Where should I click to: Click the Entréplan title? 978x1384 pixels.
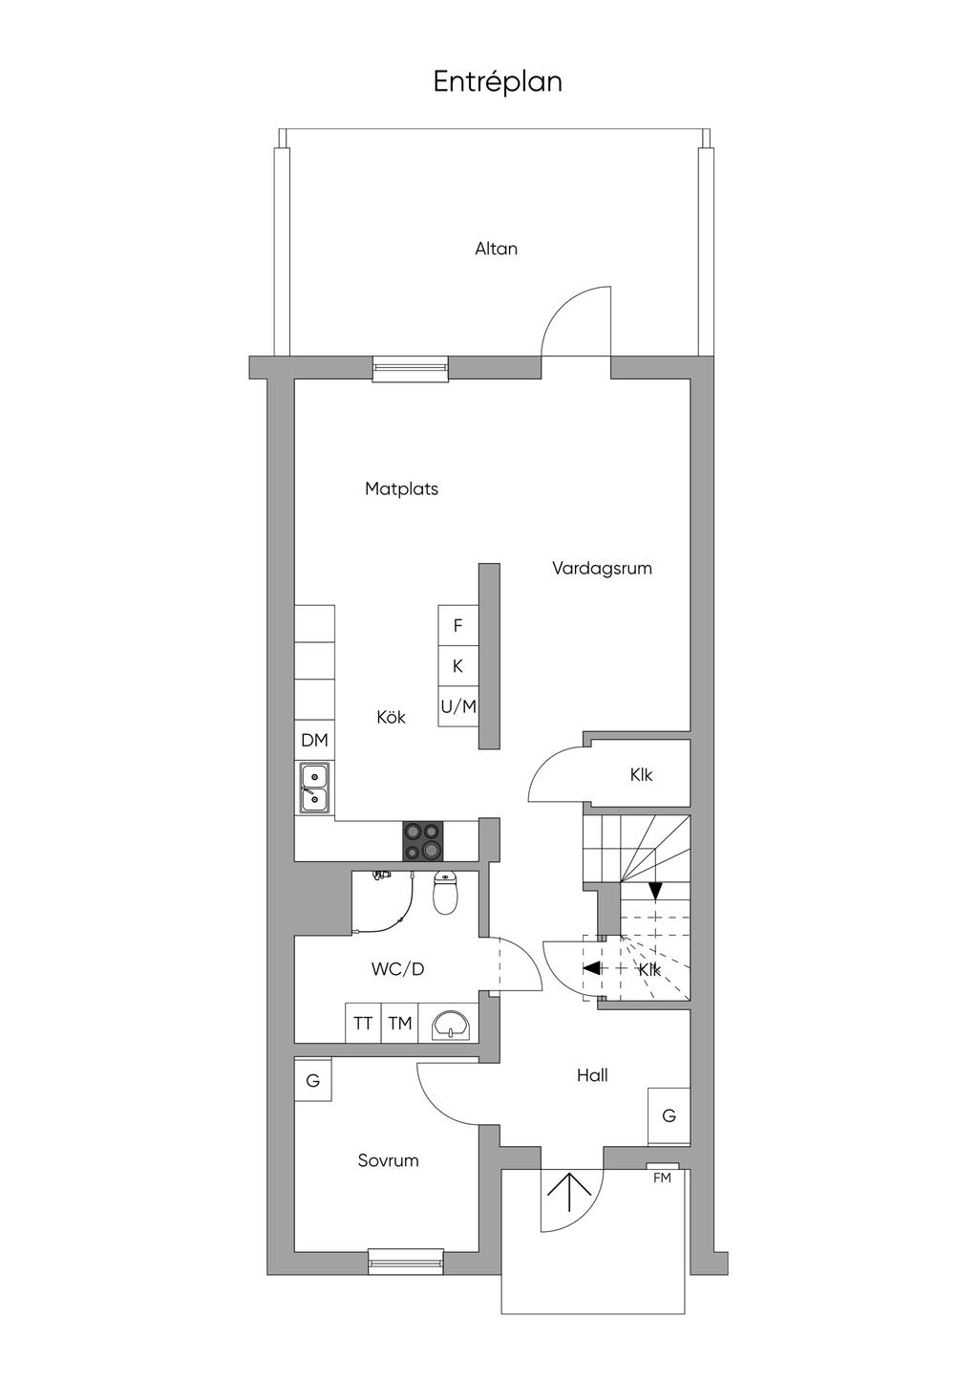(498, 82)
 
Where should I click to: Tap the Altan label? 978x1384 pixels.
(496, 249)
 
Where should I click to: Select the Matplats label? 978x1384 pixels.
(401, 489)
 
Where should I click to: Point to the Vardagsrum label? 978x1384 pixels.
(602, 569)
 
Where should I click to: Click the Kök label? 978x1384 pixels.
(391, 718)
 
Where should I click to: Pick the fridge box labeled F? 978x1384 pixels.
(458, 625)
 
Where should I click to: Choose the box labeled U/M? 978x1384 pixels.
(458, 706)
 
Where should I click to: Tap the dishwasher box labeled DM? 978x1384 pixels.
(314, 740)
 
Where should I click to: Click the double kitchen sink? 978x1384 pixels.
(315, 788)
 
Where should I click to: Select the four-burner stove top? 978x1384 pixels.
(423, 841)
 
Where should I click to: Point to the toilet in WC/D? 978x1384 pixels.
(444, 893)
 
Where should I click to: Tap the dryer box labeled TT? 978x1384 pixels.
(363, 1024)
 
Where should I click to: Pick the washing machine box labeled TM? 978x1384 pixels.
(400, 1024)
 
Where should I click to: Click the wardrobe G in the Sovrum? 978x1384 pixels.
(313, 1081)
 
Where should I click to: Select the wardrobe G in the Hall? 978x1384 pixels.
(669, 1116)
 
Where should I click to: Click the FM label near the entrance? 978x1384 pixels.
(662, 1179)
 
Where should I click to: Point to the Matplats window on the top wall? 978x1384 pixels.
(410, 369)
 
